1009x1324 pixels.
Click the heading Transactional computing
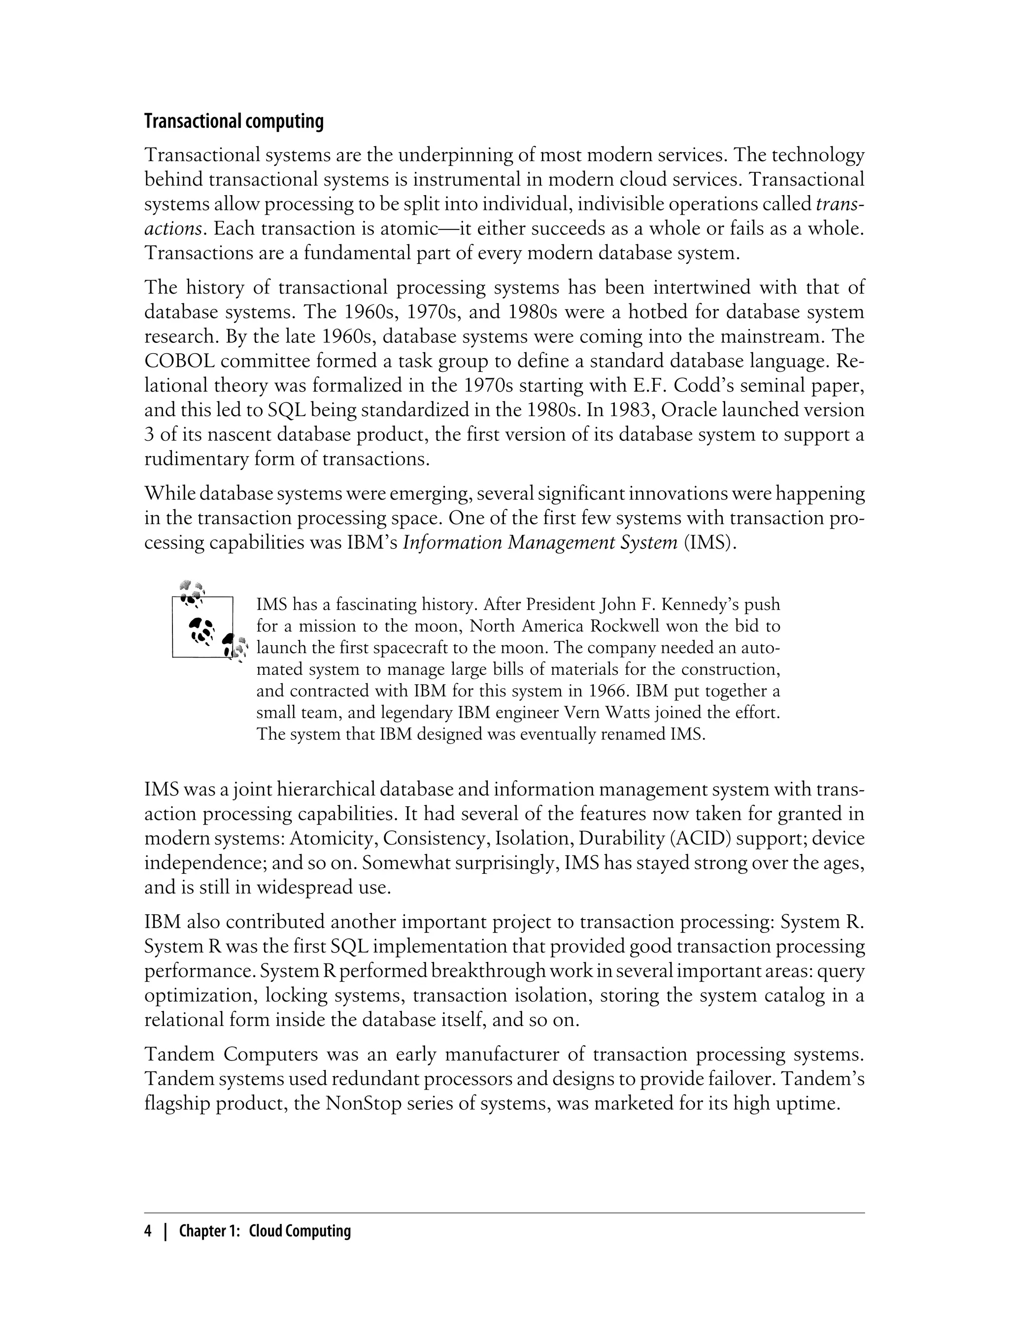tap(234, 121)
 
